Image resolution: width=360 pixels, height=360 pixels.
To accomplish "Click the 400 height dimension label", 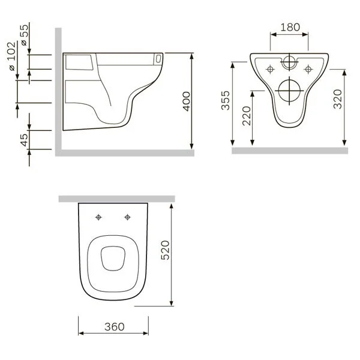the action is [187, 101].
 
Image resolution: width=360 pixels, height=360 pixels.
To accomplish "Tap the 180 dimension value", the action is [290, 28].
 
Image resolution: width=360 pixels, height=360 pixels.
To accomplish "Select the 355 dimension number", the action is [226, 100].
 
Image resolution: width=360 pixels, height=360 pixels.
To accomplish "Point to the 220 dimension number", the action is [247, 116].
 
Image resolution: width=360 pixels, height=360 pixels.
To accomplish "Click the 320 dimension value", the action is [338, 99].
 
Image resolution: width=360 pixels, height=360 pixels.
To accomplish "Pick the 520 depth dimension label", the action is [165, 250].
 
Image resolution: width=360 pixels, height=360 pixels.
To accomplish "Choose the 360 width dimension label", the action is [115, 327].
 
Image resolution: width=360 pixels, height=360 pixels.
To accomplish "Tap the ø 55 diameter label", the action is [25, 35].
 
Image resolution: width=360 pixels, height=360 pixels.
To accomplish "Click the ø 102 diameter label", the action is [12, 56].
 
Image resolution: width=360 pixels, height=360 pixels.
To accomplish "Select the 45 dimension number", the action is [24, 140].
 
